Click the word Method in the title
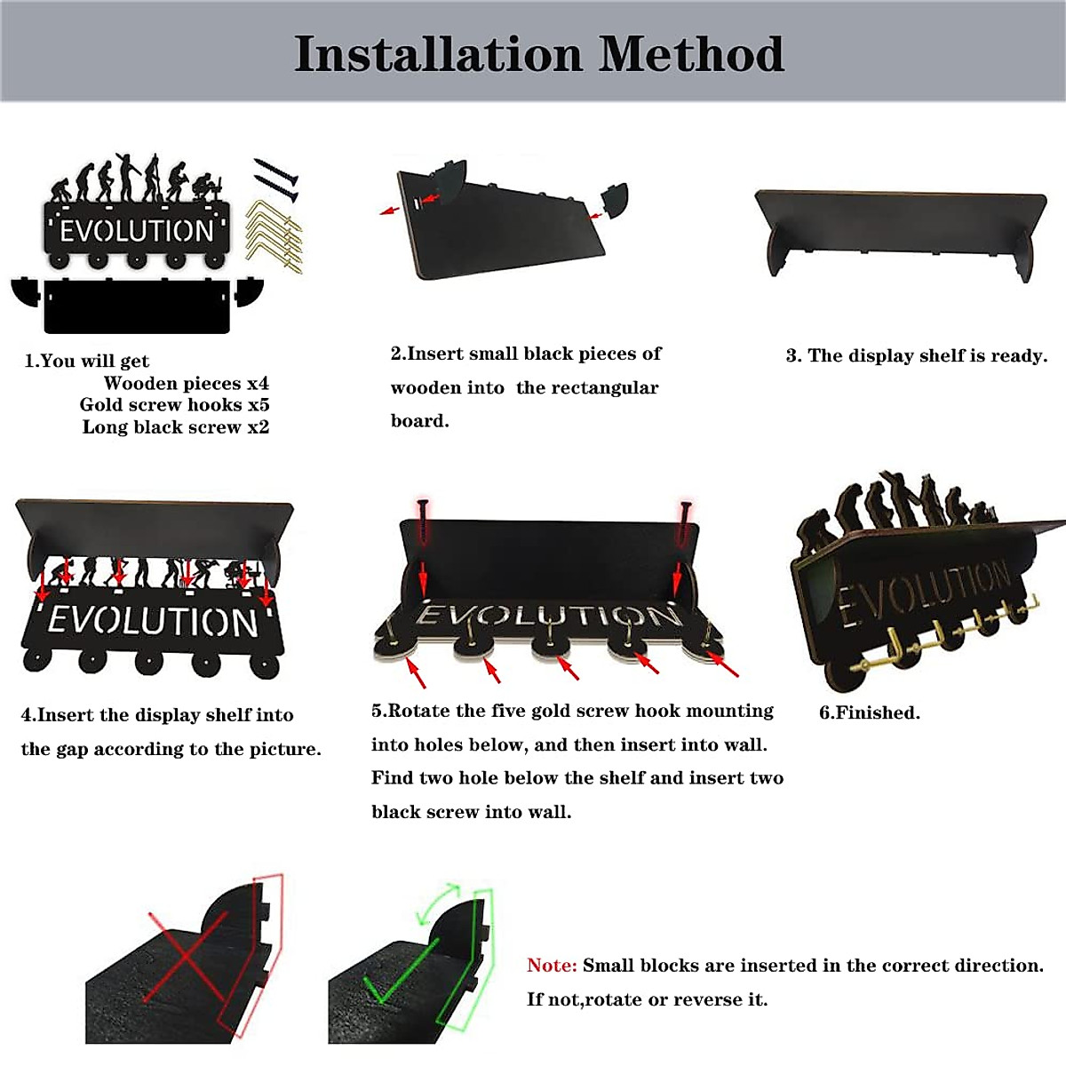pos(691,54)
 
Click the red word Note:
pos(552,966)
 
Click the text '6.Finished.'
pos(869,712)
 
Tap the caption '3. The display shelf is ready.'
pos(916,356)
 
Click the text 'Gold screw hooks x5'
pos(174,405)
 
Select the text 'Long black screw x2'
pos(175,427)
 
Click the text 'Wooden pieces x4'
pos(186,384)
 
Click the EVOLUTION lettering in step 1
pos(138,231)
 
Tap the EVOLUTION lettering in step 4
pos(154,621)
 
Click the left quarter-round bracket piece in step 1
pos(27,290)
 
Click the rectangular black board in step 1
pos(137,306)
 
